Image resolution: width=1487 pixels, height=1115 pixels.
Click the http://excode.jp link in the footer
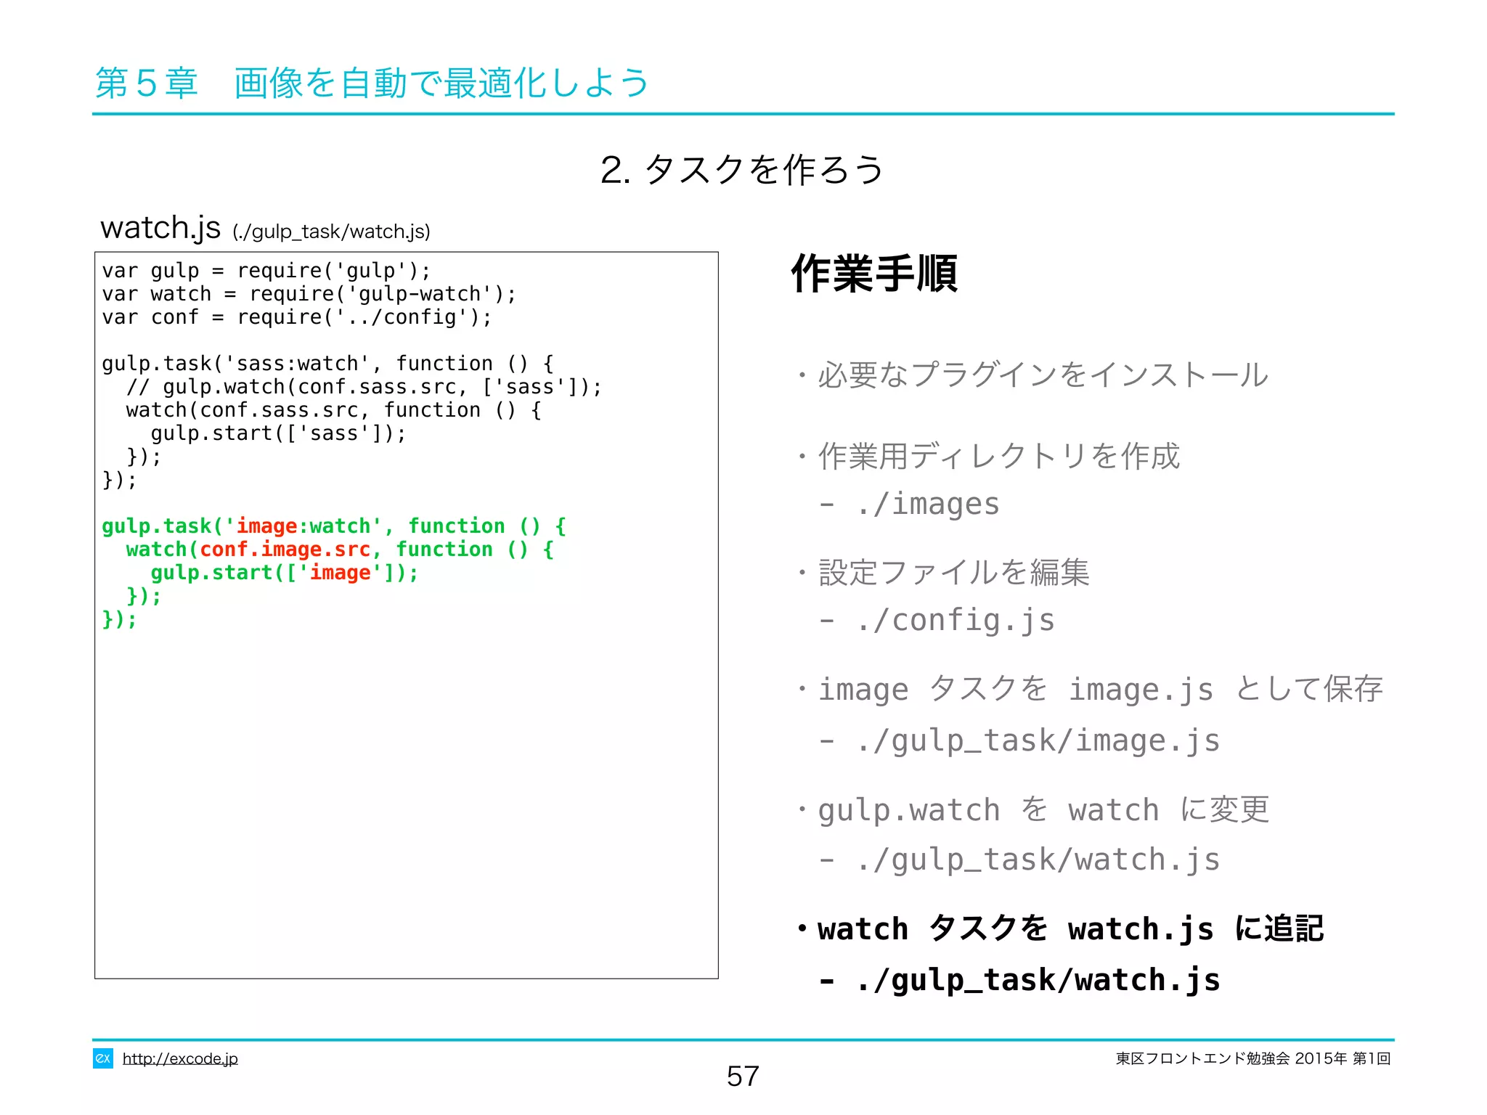tap(180, 1058)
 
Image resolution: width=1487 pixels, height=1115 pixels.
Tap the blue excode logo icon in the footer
tap(102, 1058)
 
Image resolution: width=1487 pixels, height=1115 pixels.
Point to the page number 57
tap(743, 1076)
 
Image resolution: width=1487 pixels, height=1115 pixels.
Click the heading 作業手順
tap(874, 274)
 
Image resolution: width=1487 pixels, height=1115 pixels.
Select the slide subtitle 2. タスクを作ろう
tap(742, 170)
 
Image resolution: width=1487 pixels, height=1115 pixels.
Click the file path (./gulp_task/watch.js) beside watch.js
tap(331, 232)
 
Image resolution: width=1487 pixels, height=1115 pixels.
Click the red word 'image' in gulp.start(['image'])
tap(340, 573)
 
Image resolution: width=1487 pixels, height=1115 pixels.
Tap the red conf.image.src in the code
tap(285, 550)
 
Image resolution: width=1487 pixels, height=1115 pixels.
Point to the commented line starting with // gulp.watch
tap(363, 387)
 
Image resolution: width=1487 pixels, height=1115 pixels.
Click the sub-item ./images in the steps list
tap(927, 504)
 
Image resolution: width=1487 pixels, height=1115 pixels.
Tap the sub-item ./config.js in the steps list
tap(955, 621)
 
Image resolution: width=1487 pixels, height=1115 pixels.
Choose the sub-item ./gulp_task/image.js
tap(1038, 740)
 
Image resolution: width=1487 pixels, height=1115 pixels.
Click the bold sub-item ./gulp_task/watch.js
tap(1038, 980)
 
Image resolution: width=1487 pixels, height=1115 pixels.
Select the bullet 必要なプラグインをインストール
tap(1043, 375)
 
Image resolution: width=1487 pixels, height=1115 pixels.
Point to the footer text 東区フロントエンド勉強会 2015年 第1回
tap(1253, 1058)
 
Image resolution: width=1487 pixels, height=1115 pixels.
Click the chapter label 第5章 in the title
tap(147, 83)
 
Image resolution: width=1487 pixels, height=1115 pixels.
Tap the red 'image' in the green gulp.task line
tap(266, 526)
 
